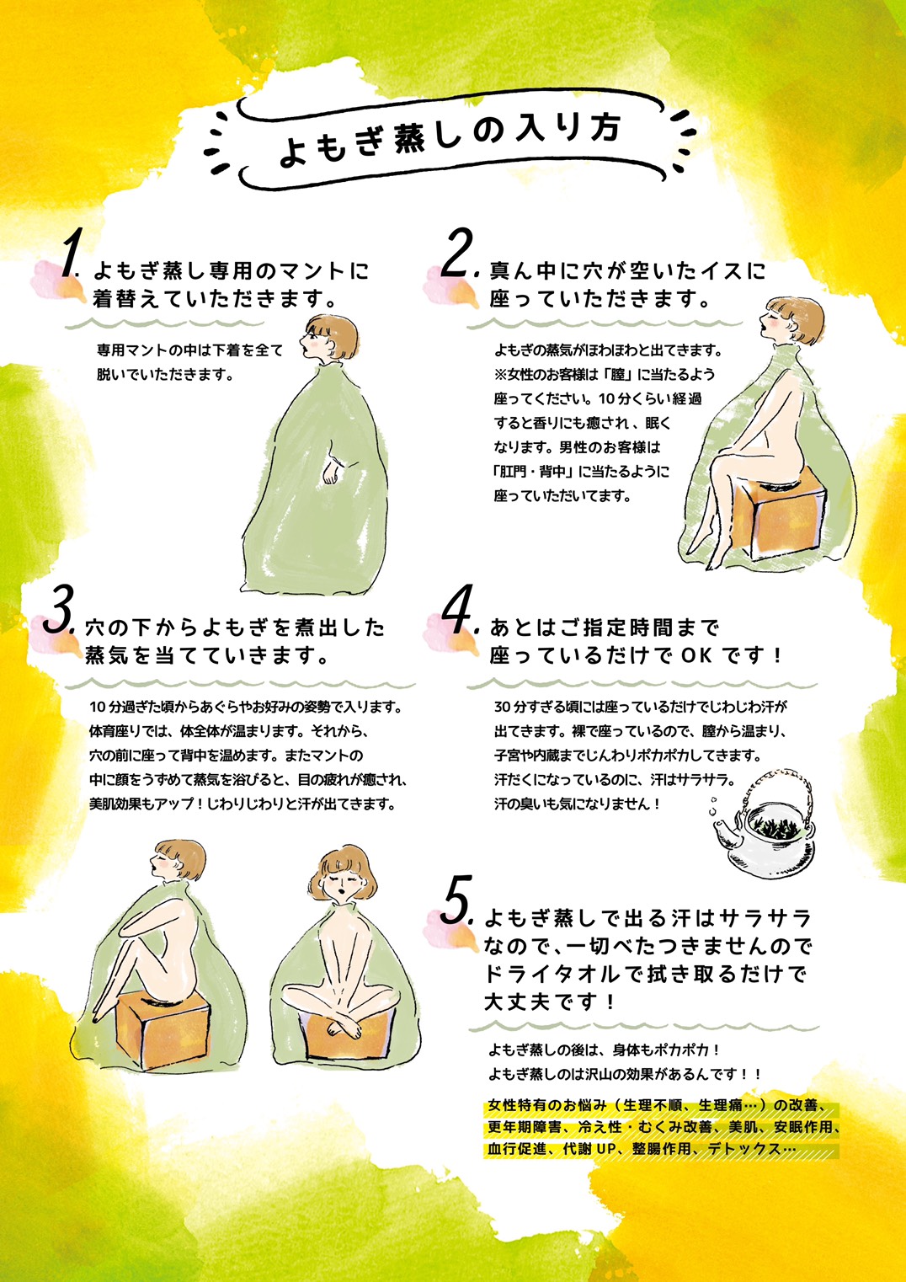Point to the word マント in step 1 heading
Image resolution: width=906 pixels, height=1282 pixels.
[312, 270]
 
